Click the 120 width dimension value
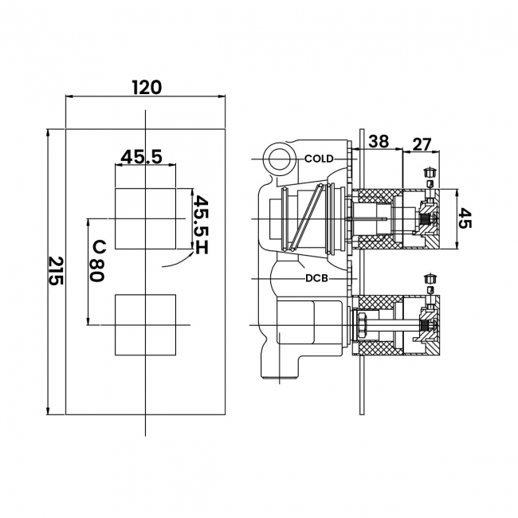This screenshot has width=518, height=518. pyautogui.click(x=147, y=88)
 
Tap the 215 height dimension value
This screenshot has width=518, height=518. pyautogui.click(x=56, y=271)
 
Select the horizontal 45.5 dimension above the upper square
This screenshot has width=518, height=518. pyautogui.click(x=141, y=157)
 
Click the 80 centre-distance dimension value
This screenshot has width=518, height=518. pyautogui.click(x=97, y=270)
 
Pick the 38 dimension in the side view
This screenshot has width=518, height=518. pyautogui.click(x=379, y=141)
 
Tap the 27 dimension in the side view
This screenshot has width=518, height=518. pyautogui.click(x=422, y=144)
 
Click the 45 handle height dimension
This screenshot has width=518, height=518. pyautogui.click(x=465, y=218)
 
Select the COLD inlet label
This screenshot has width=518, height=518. pyautogui.click(x=319, y=159)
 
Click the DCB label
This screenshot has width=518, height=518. pyautogui.click(x=316, y=278)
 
